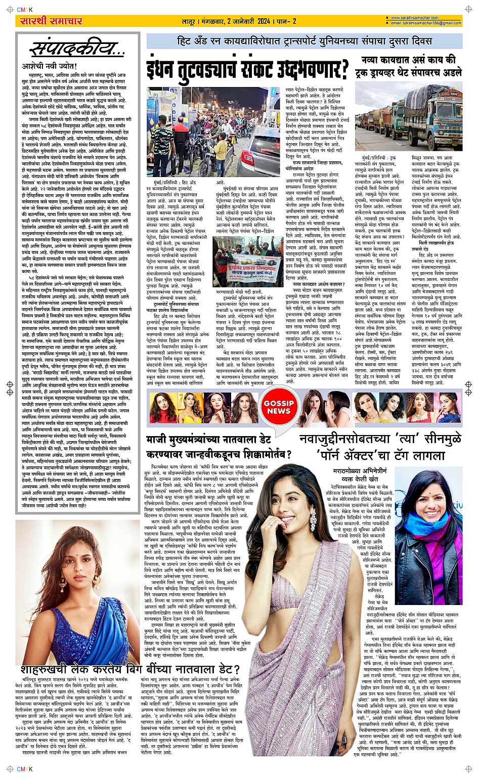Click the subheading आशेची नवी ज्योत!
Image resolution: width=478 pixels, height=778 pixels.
(x=48, y=66)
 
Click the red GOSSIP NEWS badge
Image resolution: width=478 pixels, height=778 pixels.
(x=278, y=407)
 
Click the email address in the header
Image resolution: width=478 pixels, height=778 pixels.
(x=426, y=23)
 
